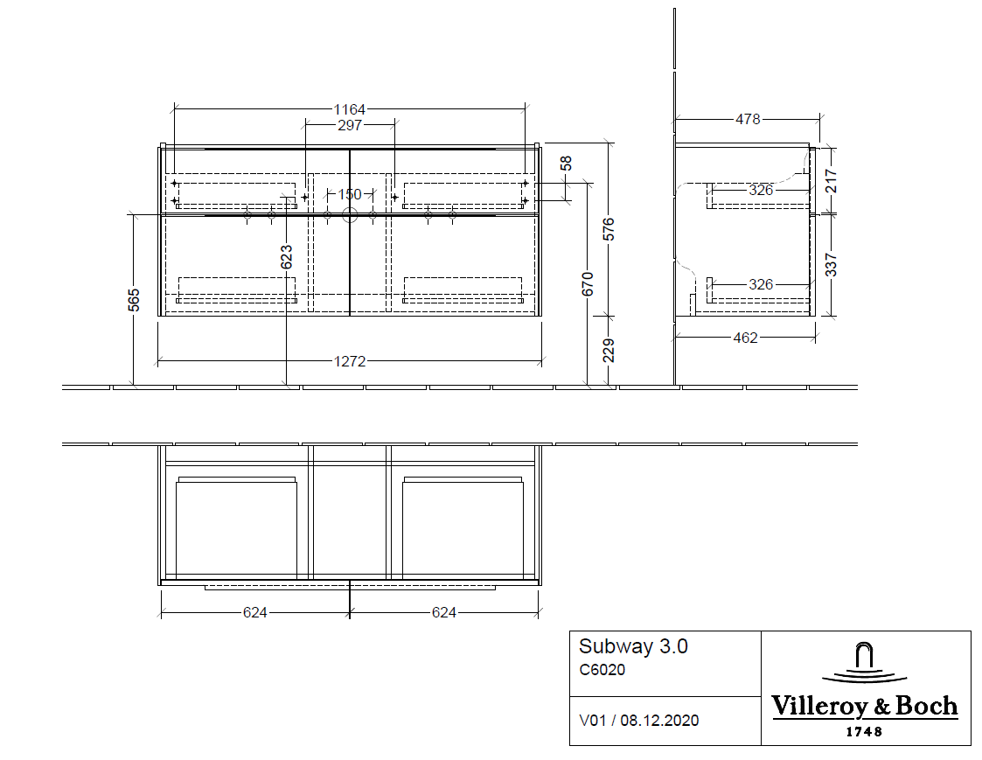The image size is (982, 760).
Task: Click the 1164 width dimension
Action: [x=350, y=109]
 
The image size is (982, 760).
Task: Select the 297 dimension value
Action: [x=350, y=125]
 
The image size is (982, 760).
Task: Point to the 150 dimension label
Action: [x=350, y=194]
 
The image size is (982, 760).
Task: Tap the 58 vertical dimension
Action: [x=566, y=164]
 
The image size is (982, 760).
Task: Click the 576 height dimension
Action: [x=609, y=229]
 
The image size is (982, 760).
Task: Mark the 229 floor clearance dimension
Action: [x=609, y=351]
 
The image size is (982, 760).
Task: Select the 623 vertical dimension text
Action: [x=287, y=256]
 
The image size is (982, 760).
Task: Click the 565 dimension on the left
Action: [x=134, y=300]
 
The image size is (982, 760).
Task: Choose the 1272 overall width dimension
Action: [x=350, y=361]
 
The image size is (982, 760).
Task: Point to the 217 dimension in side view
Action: [x=832, y=181]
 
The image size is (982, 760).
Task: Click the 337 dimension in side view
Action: [x=832, y=264]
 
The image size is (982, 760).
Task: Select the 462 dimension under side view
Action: [x=745, y=338]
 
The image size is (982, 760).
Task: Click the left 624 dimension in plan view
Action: [x=254, y=612]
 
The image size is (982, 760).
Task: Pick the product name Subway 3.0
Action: [x=633, y=647]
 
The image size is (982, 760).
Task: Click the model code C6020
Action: [x=602, y=671]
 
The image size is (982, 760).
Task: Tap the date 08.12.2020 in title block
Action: [x=660, y=721]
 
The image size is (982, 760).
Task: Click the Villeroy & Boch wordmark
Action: [x=864, y=707]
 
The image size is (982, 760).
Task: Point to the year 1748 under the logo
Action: [x=864, y=732]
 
